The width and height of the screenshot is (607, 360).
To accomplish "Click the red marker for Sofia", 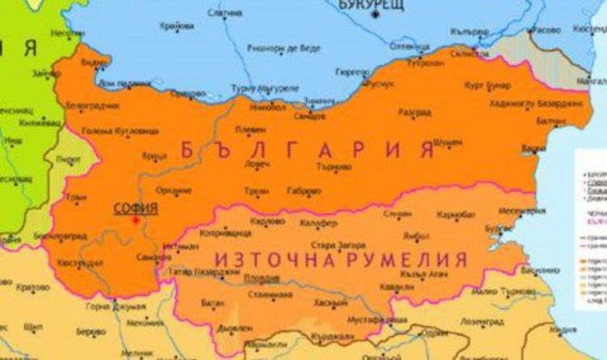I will coord(136,219).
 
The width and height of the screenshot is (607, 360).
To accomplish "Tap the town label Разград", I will coord(414,112).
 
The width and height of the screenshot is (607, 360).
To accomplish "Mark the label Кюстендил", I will coord(82,263).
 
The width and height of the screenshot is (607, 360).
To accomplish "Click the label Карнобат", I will coord(455,216).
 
